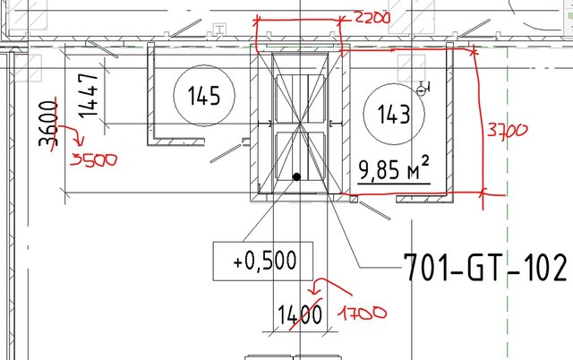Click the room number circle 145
tap(203, 95)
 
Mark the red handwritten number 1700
tap(362, 313)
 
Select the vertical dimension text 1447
tap(88, 96)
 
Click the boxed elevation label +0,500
tap(263, 262)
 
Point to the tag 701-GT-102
tap(485, 267)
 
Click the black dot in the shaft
tap(295, 177)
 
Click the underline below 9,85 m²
tap(394, 184)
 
